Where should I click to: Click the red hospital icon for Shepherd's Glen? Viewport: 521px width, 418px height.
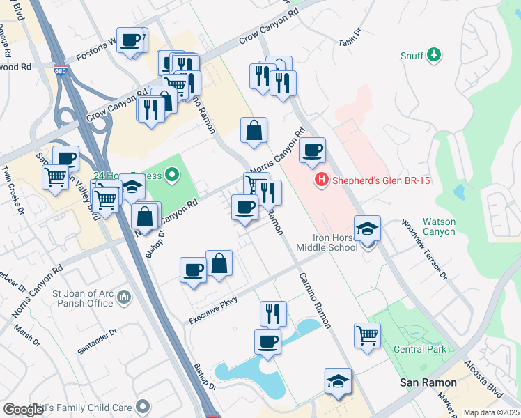[x=321, y=180]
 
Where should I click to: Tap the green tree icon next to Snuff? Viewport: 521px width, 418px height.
[x=434, y=55]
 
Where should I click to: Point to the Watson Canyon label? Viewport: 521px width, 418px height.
[x=440, y=227]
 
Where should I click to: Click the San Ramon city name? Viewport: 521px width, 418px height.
[x=427, y=383]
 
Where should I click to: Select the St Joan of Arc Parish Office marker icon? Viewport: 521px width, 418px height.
[x=124, y=297]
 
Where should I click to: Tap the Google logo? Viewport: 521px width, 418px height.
[x=22, y=410]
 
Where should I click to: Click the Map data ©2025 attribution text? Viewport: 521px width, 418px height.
[x=491, y=412]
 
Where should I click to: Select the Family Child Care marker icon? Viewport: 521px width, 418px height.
[x=143, y=405]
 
